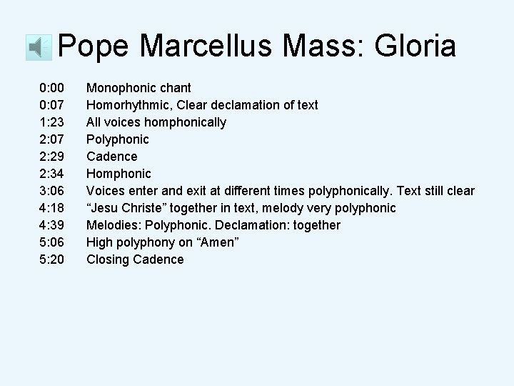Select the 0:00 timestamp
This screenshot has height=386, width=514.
(52, 88)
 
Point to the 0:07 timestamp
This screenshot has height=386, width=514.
(52, 105)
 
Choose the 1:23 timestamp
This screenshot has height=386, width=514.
(52, 122)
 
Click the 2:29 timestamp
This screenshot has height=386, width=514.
(52, 157)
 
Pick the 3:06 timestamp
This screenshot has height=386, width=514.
(52, 191)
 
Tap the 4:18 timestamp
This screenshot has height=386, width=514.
(52, 208)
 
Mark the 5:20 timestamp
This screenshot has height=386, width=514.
(52, 259)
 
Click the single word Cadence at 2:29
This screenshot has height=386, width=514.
(111, 157)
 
